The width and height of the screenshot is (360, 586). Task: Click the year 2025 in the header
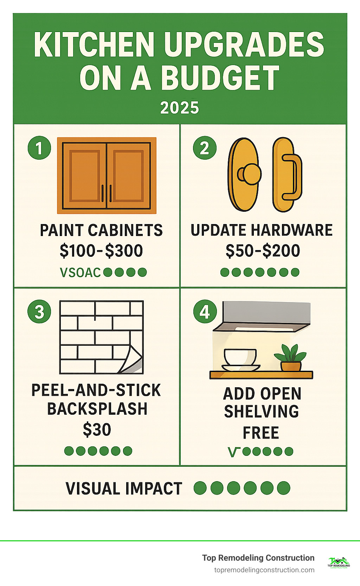click(x=180, y=108)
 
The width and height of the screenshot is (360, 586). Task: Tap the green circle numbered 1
click(x=39, y=148)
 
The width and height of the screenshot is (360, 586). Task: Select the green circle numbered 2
click(x=205, y=148)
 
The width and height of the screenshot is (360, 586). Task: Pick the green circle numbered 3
click(x=39, y=312)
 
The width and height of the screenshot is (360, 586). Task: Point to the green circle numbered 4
click(x=205, y=312)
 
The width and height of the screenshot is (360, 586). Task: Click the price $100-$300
click(x=101, y=251)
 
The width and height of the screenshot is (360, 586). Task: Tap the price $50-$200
click(x=263, y=251)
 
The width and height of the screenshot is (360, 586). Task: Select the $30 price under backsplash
click(x=97, y=429)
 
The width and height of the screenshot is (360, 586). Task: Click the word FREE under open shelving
click(x=261, y=433)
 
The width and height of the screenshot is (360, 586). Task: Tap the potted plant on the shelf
click(x=291, y=358)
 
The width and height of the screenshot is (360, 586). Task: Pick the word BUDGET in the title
click(x=220, y=78)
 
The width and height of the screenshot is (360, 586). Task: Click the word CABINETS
click(x=126, y=230)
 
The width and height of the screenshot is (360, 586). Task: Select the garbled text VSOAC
click(x=81, y=273)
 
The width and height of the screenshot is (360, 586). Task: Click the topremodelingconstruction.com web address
click(x=264, y=570)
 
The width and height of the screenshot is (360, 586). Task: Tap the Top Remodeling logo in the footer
click(x=339, y=562)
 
